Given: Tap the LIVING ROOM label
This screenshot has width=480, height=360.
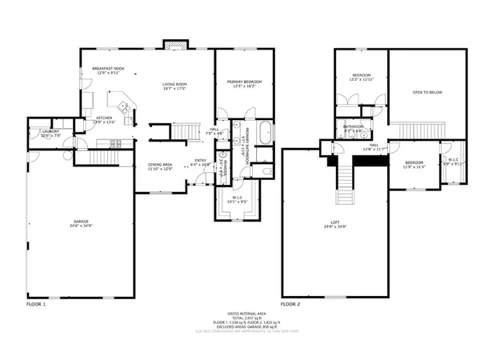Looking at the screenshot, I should pyautogui.click(x=174, y=84).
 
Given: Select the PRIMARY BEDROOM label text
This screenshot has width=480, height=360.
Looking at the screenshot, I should pyautogui.click(x=245, y=82).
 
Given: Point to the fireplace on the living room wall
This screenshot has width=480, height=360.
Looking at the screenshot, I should pyautogui.click(x=174, y=44).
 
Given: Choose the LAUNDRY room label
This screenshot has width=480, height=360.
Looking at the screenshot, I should pyautogui.click(x=40, y=134).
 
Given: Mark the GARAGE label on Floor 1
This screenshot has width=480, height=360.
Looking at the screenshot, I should pyautogui.click(x=81, y=220).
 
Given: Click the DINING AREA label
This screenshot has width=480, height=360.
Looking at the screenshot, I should pyautogui.click(x=160, y=166).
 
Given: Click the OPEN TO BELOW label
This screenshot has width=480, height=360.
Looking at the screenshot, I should pyautogui.click(x=427, y=93).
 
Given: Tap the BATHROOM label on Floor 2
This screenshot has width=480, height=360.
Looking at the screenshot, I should pyautogui.click(x=354, y=126).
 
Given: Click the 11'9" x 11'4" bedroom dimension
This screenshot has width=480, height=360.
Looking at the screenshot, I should pyautogui.click(x=413, y=167).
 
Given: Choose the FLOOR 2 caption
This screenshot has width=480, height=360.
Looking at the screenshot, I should pyautogui.click(x=290, y=305).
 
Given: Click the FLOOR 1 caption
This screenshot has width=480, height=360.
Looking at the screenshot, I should pyautogui.click(x=36, y=305).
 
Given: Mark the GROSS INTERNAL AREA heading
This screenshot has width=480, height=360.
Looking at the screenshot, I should pyautogui.click(x=240, y=313).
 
